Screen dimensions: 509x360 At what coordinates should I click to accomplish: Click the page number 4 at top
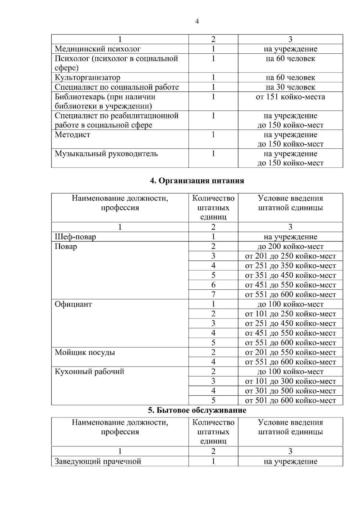197,21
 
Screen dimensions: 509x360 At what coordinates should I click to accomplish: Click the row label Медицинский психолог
97,49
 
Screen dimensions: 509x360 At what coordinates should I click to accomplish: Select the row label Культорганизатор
87,78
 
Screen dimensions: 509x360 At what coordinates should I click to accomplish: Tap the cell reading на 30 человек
290,87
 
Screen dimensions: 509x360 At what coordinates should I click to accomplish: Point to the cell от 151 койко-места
290,97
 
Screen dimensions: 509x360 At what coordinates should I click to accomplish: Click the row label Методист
72,135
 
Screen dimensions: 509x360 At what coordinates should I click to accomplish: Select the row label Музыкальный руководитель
106,154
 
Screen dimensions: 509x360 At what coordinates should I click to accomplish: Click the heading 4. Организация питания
197,181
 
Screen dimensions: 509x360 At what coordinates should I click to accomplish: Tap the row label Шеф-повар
75,237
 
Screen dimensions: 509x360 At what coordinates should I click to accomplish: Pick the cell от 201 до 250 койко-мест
290,256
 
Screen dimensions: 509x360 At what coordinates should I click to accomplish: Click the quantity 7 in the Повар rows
213,295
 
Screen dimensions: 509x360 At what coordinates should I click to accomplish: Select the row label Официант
73,304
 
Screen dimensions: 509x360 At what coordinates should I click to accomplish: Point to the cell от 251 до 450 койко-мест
290,324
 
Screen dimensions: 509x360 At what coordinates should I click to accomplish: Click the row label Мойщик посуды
85,352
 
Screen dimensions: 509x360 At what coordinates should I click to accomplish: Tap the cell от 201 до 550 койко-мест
290,352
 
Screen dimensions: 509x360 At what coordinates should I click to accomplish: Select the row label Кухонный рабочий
89,372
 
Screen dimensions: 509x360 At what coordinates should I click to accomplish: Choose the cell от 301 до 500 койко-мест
290,391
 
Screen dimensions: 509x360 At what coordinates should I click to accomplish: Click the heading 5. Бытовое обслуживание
197,410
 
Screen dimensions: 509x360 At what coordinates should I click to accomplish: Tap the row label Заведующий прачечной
97,461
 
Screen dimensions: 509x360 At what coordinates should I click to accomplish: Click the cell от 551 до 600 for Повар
290,295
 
